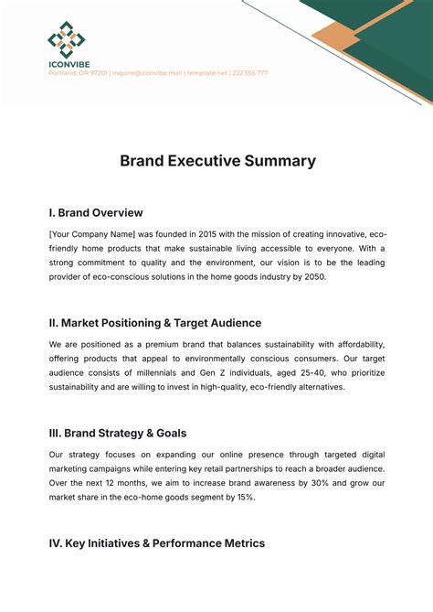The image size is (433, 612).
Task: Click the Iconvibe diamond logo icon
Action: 66,39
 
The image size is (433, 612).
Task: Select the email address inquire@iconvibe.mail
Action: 146,72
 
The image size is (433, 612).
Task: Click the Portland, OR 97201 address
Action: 78,72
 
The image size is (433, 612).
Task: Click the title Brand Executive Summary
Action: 217,161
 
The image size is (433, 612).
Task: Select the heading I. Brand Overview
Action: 96,213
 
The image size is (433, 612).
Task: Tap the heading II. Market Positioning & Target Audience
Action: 155,323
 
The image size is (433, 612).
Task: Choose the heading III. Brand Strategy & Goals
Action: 119,433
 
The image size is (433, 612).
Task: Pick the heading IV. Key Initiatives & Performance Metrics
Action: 157,543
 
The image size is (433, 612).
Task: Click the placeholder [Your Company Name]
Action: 92,235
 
